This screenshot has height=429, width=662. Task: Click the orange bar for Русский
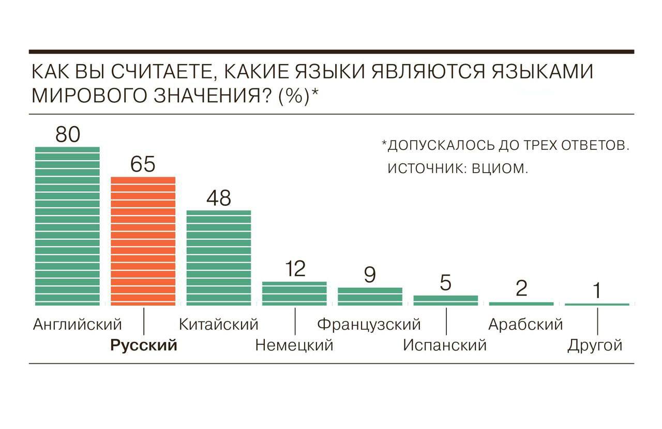pos(143,241)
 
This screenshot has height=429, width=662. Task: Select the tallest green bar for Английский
pos(67,226)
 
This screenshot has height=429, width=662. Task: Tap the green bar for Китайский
pos(218,257)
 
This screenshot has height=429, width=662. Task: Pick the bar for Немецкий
pos(294,293)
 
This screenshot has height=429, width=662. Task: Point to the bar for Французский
pos(370,296)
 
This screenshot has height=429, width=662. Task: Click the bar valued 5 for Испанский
pos(446,300)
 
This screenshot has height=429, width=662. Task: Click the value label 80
pos(68,134)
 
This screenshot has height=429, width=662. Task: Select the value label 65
pos(143,165)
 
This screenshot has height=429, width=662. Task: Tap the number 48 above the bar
pos(218,198)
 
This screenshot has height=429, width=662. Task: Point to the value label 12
pos(295,269)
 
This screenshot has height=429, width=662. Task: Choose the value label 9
pos(370,275)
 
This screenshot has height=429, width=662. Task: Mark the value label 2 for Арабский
pos(521,288)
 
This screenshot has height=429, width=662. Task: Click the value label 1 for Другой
pos(597,292)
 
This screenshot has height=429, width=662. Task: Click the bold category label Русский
pos(144,345)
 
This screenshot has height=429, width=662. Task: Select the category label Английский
pos(78,325)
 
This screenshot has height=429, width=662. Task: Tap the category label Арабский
pos(525,325)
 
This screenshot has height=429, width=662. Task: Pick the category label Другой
pos(595,345)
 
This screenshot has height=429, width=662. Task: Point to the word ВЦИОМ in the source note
pos(500,169)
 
